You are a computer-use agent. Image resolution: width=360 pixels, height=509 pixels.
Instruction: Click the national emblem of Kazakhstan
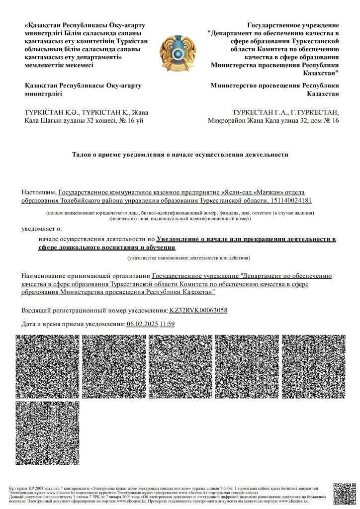tap(180, 50)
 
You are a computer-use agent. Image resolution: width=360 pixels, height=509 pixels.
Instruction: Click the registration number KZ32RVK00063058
tap(198, 310)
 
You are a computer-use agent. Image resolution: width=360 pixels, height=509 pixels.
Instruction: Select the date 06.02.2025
tap(142, 324)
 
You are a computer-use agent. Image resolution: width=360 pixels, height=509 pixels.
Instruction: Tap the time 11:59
tap(167, 324)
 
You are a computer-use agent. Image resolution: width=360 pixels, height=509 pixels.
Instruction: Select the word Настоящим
tap(38, 192)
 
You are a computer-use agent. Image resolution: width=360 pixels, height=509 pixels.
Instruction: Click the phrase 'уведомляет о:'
tap(42, 228)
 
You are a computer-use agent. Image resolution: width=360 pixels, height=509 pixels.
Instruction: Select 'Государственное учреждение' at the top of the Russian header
tap(293, 25)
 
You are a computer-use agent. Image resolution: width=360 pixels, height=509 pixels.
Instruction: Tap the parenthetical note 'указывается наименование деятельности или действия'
tap(189, 258)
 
